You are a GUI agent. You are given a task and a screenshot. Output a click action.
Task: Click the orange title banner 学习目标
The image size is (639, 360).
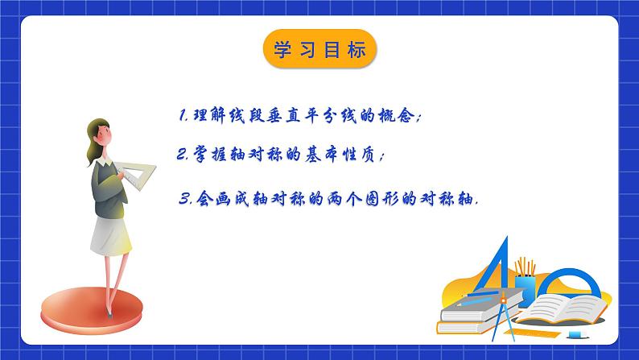(x=319, y=51)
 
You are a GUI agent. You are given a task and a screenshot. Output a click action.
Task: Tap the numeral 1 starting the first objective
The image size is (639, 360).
(x=183, y=116)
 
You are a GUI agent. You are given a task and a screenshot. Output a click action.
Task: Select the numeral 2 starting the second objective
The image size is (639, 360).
(x=183, y=155)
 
